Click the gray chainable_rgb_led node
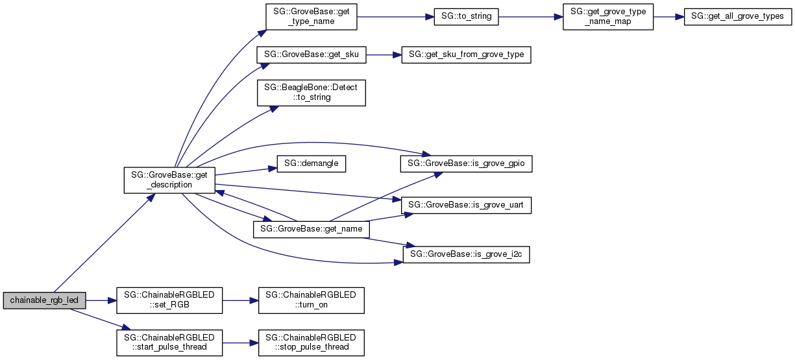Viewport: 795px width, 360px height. pos(45,300)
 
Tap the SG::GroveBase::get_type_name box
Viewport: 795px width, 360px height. pos(311,16)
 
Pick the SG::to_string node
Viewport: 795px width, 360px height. pos(466,16)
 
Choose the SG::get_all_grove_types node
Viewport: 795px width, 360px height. pos(738,16)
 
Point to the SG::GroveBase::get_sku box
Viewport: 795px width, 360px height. pos(311,54)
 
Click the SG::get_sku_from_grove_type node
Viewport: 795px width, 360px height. pos(467,55)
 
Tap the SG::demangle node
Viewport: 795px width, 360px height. pos(311,163)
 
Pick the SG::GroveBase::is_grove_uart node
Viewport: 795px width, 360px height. pos(466,205)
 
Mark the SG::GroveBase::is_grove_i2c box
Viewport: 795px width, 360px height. pos(466,255)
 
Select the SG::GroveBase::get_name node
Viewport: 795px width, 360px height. pos(311,229)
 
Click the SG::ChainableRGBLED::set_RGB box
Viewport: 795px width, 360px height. pos(169,300)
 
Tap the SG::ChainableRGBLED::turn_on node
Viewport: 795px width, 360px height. pos(311,300)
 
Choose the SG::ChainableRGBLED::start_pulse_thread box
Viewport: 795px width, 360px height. pos(169,342)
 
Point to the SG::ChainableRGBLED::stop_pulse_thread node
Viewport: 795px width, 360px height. pos(311,342)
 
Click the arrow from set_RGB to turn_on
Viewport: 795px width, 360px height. pos(240,300)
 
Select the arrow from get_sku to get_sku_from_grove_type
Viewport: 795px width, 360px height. pos(384,55)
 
